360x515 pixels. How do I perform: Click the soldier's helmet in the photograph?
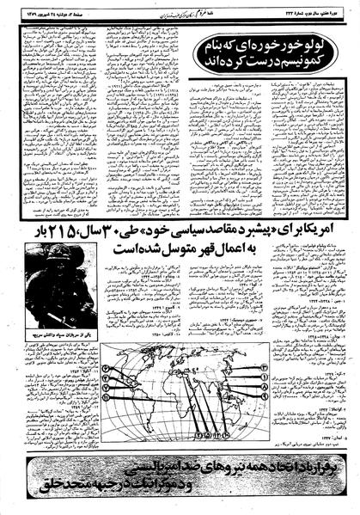[x=57, y=279]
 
